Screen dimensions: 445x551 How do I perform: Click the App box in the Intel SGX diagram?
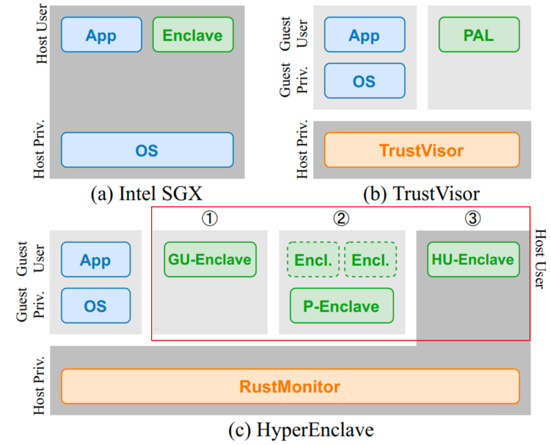101,35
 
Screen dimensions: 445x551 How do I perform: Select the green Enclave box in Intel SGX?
193,35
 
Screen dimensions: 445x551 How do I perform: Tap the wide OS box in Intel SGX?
147,150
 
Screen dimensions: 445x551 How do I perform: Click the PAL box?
479,35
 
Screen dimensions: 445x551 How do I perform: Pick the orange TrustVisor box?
421,150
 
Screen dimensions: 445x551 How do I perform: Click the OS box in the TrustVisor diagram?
364,81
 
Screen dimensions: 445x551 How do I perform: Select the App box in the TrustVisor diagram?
364,35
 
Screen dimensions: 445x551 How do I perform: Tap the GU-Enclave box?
210,259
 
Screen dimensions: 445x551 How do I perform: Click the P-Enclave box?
341,305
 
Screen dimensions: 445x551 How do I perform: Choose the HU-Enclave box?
473,259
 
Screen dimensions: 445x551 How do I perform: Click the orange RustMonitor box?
290,386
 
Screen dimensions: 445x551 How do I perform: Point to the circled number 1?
210,218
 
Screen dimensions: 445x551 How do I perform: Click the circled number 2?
341,218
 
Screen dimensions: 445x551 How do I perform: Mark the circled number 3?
472,218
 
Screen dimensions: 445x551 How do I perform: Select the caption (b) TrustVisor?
421,194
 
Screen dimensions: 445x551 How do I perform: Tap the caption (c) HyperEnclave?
301,430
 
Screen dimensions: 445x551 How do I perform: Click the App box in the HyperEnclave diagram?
95,259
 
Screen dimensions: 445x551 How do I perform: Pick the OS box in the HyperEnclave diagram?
95,305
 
